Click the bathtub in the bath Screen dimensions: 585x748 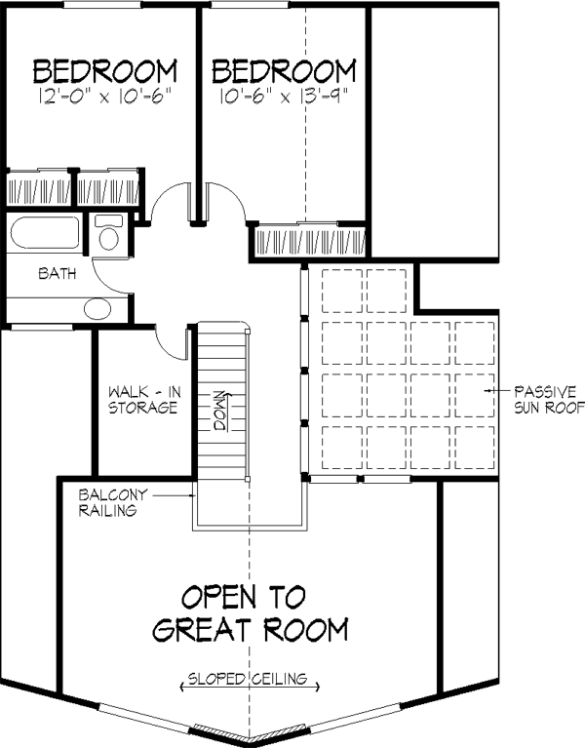44,232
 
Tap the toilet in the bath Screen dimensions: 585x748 109,232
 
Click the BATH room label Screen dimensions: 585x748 58,273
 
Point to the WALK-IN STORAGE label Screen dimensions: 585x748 144,400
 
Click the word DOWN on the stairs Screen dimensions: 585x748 221,412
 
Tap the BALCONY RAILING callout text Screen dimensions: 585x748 113,502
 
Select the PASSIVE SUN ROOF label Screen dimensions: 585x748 549,400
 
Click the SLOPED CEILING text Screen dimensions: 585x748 248,679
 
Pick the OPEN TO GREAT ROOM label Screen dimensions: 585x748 251,613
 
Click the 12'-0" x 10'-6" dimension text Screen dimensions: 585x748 104,97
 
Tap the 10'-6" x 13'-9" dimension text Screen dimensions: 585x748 283,97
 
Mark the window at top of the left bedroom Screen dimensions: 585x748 102,5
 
